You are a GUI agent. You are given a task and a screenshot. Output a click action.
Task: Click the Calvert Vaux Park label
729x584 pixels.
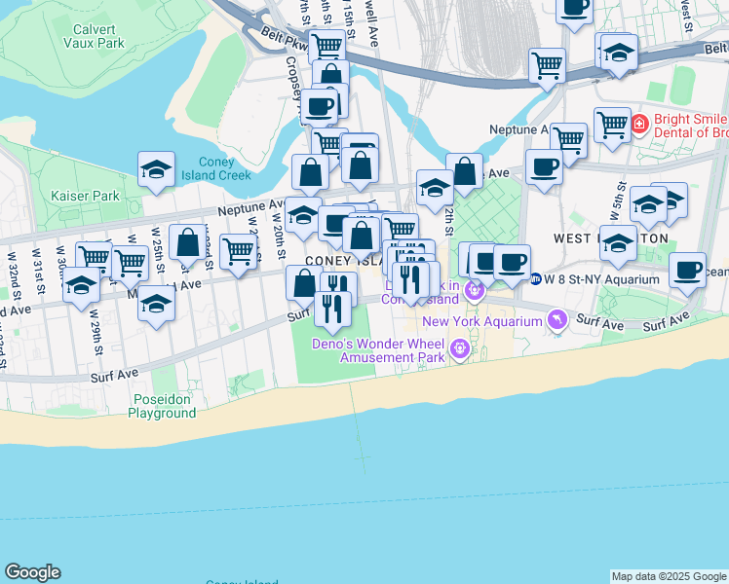(x=94, y=36)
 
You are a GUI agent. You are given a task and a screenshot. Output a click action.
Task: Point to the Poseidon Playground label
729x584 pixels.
(x=162, y=406)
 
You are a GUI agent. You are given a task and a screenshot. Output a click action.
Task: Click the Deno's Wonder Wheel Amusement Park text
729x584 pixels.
(x=392, y=350)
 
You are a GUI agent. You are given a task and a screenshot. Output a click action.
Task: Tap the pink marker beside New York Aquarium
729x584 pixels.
(x=556, y=319)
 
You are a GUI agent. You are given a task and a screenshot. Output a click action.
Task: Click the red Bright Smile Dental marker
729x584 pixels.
(x=638, y=124)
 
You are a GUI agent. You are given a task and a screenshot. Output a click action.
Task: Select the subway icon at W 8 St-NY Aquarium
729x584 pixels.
(x=535, y=278)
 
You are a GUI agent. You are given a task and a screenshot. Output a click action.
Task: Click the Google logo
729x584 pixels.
(x=32, y=572)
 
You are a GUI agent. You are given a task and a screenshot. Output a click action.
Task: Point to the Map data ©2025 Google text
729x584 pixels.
(x=668, y=576)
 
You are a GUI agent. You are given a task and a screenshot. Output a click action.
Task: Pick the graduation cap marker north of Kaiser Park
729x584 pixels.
(x=156, y=169)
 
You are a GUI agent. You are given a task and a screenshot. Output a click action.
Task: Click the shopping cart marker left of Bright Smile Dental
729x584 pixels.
(x=612, y=123)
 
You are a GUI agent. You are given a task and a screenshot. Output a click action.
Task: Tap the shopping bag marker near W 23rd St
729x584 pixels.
(x=187, y=240)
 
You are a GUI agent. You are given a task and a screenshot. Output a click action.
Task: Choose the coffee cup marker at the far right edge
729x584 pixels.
(x=687, y=268)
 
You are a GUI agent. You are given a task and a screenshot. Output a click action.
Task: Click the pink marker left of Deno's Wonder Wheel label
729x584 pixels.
(x=459, y=347)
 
